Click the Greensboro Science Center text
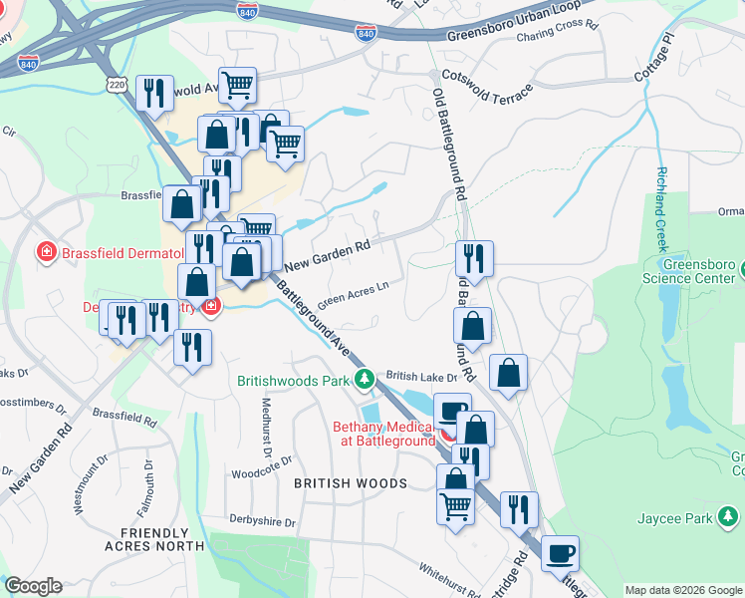click(694, 272)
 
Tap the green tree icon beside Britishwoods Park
click(366, 380)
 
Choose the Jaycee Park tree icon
click(729, 517)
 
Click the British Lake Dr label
click(421, 377)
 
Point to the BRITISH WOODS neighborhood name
click(351, 483)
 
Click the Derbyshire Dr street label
click(263, 522)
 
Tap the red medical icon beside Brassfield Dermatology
click(46, 252)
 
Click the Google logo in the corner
click(33, 586)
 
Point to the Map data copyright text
click(682, 590)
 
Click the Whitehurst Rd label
click(451, 571)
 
